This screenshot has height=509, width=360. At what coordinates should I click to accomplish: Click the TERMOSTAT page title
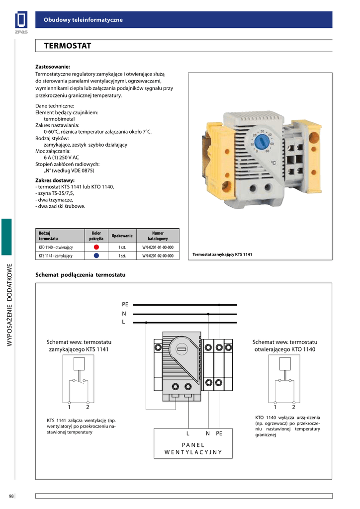coord(68,46)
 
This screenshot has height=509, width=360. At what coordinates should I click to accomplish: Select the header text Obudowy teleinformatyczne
coord(83,19)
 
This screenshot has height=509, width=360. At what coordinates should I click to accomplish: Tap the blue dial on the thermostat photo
coord(262,141)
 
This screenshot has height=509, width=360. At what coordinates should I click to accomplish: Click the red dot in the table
coord(96,247)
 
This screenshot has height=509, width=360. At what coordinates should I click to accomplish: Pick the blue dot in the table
coord(96,255)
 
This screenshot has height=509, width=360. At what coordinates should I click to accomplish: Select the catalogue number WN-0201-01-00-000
coord(158,247)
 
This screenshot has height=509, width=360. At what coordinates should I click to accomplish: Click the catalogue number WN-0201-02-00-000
coord(158,256)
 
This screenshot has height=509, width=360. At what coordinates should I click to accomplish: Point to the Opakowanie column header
coord(122,236)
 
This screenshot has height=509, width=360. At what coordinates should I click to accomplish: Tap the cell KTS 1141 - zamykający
coord(56,256)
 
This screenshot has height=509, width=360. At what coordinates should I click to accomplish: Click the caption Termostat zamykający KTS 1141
coord(222,255)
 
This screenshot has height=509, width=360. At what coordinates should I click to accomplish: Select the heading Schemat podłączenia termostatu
coord(81,275)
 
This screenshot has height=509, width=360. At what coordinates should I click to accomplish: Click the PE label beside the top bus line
coord(125,304)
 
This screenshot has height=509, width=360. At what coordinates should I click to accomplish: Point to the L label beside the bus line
coord(124,322)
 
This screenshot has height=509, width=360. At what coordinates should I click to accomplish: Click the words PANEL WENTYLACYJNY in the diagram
coord(193,448)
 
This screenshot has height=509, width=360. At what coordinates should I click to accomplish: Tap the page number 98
coord(11,496)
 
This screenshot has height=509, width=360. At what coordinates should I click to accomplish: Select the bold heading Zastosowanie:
coord(53,66)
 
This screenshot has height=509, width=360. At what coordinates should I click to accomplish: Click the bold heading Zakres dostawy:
coord(55,180)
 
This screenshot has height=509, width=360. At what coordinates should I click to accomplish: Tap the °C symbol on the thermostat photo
coord(273,162)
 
